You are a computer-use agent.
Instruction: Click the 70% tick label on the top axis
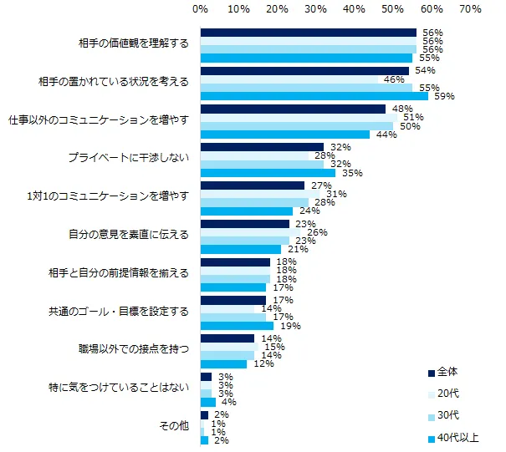[470, 10]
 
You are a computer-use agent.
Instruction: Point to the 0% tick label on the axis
[201, 10]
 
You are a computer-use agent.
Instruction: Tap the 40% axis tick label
[354, 10]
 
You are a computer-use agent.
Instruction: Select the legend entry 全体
[447, 372]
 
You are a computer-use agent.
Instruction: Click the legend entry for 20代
[447, 394]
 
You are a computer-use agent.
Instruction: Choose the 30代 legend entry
[447, 415]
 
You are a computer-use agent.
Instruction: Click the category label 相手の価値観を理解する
[133, 43]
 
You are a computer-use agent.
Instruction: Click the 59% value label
[442, 96]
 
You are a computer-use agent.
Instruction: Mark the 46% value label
[393, 79]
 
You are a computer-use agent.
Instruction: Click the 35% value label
[350, 173]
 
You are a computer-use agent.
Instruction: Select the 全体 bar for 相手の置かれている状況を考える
[304, 71]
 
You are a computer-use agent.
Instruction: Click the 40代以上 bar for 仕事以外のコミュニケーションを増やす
[285, 135]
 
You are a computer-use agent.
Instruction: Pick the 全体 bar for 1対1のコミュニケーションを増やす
[253, 185]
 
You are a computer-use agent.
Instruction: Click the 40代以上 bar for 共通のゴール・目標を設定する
[238, 325]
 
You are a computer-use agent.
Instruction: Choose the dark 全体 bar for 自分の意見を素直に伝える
[245, 224]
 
